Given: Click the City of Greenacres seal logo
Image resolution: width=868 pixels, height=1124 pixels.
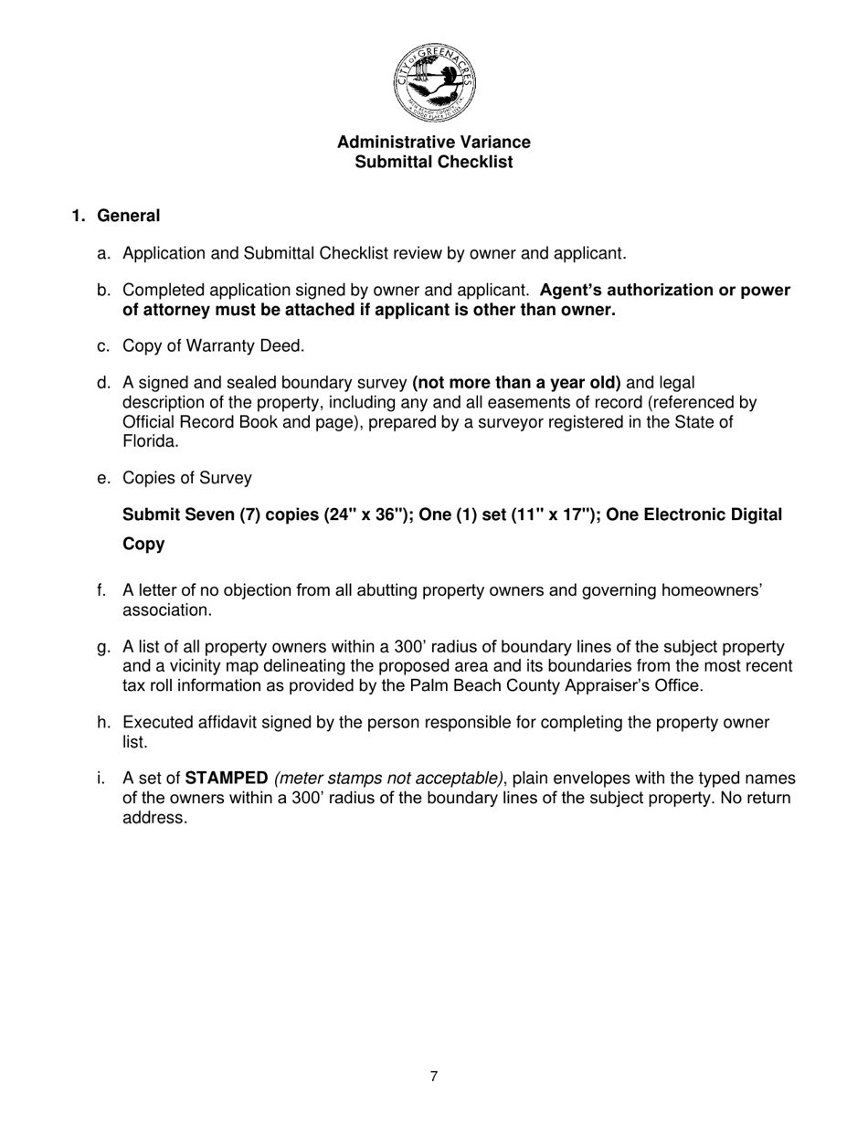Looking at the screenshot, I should click(x=434, y=82).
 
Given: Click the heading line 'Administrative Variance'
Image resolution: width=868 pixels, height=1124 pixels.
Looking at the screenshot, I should click(x=433, y=143).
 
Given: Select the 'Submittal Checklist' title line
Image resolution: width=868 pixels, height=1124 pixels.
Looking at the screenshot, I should click(x=433, y=163).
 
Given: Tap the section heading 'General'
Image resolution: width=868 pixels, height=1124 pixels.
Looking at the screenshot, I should click(x=128, y=217).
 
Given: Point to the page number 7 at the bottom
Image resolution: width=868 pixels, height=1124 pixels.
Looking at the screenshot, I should click(x=434, y=1076).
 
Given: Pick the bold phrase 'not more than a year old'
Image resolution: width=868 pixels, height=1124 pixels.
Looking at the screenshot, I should click(x=517, y=383).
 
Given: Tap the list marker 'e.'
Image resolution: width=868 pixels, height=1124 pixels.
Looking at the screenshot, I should click(x=103, y=478).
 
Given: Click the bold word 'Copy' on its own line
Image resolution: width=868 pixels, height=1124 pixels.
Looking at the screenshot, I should click(x=143, y=545).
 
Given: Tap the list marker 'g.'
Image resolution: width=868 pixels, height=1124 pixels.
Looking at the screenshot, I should click(x=103, y=648).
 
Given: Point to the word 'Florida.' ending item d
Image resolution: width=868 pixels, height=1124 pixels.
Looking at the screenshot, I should click(x=151, y=440).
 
